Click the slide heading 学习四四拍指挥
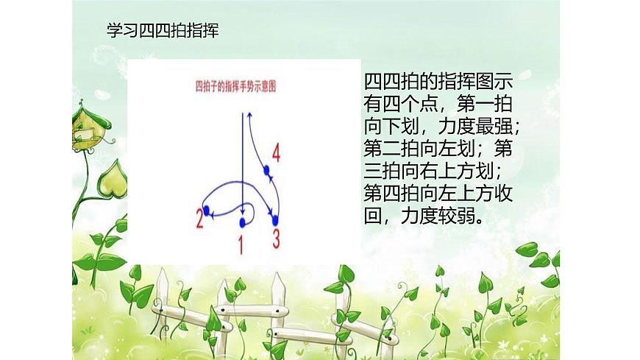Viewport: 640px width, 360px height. click(x=163, y=31)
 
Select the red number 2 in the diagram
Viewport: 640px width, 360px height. click(x=199, y=218)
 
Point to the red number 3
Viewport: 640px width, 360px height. click(x=276, y=238)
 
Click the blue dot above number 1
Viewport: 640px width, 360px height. click(x=242, y=220)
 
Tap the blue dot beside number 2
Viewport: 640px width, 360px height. click(x=207, y=211)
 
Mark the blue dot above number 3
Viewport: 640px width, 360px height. click(x=276, y=219)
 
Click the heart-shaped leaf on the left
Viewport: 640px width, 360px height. click(x=113, y=180)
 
